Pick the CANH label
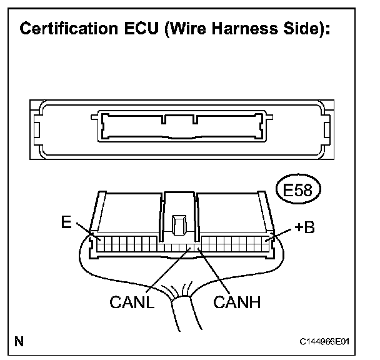tap(237, 303)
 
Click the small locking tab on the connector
tap(179, 223)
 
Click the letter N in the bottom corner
tap(20, 341)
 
